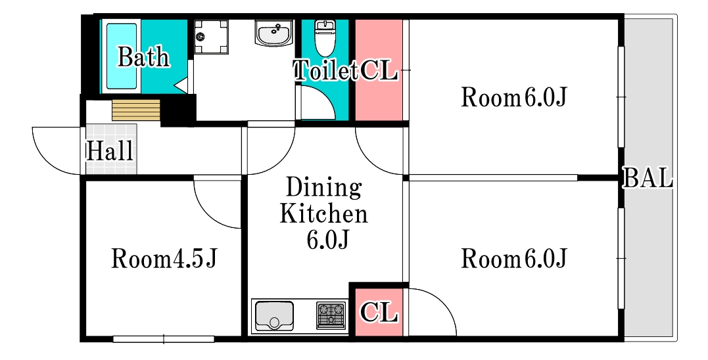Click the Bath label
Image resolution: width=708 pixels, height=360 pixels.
[x=143, y=57]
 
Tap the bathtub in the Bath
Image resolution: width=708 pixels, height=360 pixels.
[x=121, y=56]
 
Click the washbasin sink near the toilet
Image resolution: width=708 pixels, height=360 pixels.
[x=274, y=33]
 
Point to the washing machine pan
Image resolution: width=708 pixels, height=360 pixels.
[x=212, y=37]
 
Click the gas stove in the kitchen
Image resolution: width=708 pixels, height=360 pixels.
[x=331, y=315]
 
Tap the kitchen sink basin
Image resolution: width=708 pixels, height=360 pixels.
[x=274, y=316]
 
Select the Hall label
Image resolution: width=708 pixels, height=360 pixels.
[x=110, y=151]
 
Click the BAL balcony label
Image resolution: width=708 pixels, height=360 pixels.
[x=648, y=178]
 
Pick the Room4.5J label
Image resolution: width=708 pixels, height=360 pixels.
[x=164, y=259]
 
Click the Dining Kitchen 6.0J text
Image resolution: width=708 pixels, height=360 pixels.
[x=323, y=214]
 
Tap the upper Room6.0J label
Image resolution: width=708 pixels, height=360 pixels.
[x=514, y=97]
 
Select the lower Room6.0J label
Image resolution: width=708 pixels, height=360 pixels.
[x=514, y=259]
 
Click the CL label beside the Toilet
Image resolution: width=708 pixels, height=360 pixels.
[x=379, y=71]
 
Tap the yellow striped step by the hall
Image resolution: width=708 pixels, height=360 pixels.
[x=136, y=110]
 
